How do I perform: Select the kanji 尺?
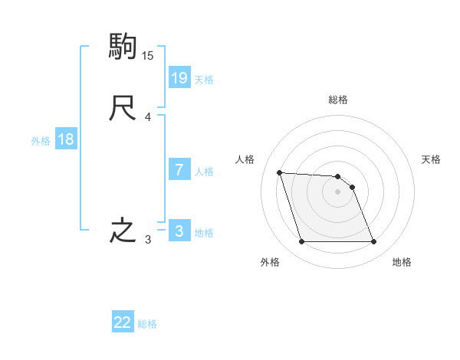[x=123, y=108]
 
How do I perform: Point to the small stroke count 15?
[x=148, y=56]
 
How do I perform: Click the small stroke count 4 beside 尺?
[x=148, y=117]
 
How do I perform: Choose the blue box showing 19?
[x=179, y=77]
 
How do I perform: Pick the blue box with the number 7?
[x=179, y=170]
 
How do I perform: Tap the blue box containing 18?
[x=66, y=139]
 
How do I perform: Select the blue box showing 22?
[x=123, y=322]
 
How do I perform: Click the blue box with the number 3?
[x=179, y=231]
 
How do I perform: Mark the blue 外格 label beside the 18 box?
[x=41, y=140]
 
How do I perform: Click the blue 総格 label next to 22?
[x=147, y=324]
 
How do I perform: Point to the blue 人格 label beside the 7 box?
[x=205, y=172]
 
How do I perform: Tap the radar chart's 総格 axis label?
[x=338, y=100]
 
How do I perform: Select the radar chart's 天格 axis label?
[x=431, y=159]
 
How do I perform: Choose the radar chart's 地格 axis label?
[x=402, y=262]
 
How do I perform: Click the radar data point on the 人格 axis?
[x=279, y=172]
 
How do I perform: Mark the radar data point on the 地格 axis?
[x=373, y=242]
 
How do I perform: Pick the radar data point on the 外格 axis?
[x=301, y=242]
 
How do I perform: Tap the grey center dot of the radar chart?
[x=338, y=191]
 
